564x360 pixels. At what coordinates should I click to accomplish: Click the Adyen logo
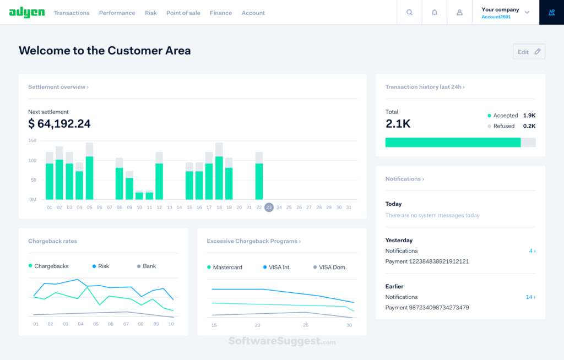[x=27, y=12]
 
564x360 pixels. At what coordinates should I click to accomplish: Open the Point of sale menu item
[x=183, y=13]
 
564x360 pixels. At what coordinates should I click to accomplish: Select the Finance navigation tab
[x=220, y=13]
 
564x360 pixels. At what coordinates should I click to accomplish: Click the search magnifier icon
[x=409, y=12]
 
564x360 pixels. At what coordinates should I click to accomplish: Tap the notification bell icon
[x=435, y=12]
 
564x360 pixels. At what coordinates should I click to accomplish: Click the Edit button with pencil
[x=529, y=52]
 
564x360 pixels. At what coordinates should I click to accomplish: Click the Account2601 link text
[x=496, y=17]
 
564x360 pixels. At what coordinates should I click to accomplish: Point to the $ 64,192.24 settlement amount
[x=59, y=124]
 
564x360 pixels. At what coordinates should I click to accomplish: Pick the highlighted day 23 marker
[x=269, y=208]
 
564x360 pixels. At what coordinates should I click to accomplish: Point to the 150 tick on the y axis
[x=32, y=141]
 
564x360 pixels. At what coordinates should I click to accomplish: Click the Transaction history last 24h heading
[x=425, y=87]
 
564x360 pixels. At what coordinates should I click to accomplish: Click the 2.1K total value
[x=398, y=124]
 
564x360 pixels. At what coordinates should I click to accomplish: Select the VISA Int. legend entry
[x=279, y=268]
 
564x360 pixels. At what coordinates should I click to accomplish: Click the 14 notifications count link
[x=530, y=297]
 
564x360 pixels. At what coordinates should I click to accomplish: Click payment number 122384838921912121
[x=427, y=261]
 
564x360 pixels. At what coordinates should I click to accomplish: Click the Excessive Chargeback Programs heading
[x=253, y=241]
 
